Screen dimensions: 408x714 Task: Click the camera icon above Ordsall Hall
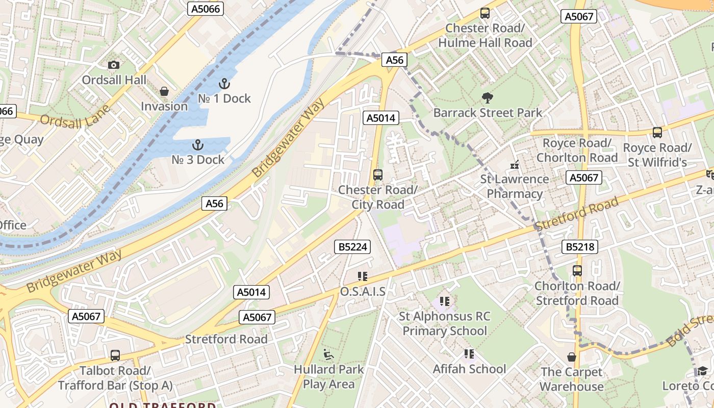[x=113, y=65]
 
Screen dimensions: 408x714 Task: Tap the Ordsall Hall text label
[x=114, y=80]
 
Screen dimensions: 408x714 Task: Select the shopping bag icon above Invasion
[x=164, y=91]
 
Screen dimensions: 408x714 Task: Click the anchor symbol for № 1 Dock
[x=224, y=83]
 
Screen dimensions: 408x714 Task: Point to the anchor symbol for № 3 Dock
[x=197, y=145]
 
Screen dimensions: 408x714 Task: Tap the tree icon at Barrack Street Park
[x=487, y=97]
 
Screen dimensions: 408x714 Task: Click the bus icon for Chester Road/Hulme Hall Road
[x=485, y=13]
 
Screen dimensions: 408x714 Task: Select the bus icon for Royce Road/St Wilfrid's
[x=657, y=133]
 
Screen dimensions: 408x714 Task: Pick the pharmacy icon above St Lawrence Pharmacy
[x=514, y=164]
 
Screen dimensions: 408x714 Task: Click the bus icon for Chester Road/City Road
[x=378, y=175]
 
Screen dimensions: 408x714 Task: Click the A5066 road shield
[x=206, y=9]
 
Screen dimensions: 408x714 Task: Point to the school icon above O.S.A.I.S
[x=362, y=276]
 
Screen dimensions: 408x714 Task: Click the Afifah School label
[x=469, y=369]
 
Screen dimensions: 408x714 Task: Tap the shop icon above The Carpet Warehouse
[x=572, y=357]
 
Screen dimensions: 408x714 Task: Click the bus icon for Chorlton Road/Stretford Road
[x=577, y=271]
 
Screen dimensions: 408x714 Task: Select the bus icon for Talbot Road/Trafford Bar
[x=115, y=355]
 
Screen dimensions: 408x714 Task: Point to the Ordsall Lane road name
[x=75, y=117]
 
